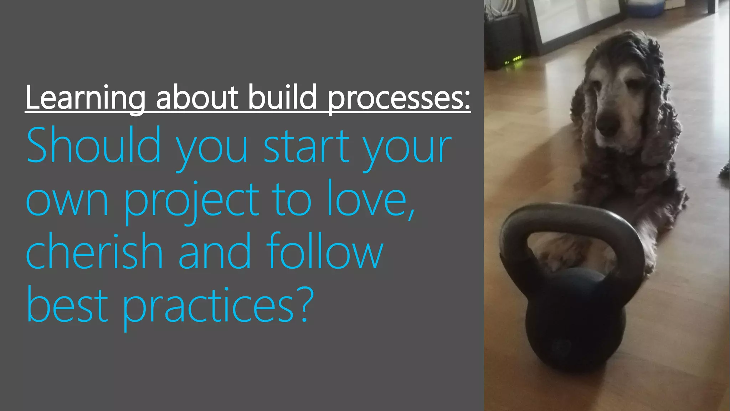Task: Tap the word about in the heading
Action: pyautogui.click(x=197, y=97)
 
